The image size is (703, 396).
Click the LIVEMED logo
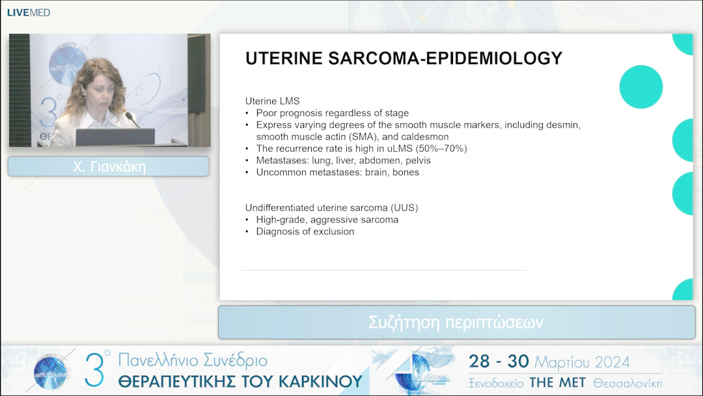(28, 12)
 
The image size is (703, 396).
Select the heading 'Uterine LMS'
(272, 101)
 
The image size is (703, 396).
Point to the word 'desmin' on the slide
(563, 124)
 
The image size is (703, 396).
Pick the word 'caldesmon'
(425, 137)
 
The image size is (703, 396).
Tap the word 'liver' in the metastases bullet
(345, 160)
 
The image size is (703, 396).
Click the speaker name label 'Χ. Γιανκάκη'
(109, 167)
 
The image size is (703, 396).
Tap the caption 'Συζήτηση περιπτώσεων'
(456, 322)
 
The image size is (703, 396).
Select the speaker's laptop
(115, 137)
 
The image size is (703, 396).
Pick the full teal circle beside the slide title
(641, 87)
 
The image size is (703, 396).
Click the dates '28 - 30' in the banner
(499, 361)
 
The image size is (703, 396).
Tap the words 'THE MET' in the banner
(557, 383)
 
